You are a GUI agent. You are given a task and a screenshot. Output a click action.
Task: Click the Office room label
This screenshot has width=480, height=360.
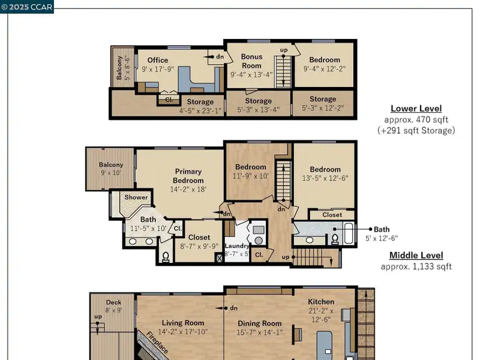(x=158, y=61)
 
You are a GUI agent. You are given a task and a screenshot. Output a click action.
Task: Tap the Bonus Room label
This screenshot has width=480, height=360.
(x=251, y=61)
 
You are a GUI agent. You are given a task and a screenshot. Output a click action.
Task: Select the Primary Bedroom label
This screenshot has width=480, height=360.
(x=188, y=176)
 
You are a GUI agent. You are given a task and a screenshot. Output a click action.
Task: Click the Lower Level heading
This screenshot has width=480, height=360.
(x=416, y=109)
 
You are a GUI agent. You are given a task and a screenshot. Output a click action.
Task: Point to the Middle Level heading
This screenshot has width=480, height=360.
(x=416, y=256)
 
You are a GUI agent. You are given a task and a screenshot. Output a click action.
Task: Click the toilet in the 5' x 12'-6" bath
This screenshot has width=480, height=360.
(x=335, y=239)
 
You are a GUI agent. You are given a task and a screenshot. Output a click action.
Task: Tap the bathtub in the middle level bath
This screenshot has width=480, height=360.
(x=349, y=233)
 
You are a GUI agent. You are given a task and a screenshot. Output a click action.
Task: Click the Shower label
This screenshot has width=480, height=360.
(x=136, y=197)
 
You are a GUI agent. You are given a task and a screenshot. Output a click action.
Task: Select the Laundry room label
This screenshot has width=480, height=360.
(x=236, y=246)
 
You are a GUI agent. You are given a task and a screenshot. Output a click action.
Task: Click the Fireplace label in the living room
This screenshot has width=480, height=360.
(x=157, y=342)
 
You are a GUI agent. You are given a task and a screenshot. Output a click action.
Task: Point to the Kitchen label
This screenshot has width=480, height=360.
(x=321, y=302)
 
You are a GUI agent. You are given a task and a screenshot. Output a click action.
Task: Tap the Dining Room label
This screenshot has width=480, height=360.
(x=260, y=323)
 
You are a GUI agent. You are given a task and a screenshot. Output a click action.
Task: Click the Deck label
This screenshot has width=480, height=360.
(x=113, y=302)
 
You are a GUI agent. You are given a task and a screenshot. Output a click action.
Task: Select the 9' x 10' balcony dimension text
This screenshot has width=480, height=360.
(x=111, y=173)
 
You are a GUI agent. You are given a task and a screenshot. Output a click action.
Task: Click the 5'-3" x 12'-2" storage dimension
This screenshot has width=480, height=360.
(x=323, y=108)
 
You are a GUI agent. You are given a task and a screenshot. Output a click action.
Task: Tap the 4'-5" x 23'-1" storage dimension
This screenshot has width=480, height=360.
(x=200, y=111)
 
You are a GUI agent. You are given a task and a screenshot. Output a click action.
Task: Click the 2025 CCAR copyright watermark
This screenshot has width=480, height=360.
(x=27, y=7)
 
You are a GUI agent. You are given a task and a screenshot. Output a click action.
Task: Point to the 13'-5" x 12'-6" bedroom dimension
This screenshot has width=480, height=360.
(x=325, y=178)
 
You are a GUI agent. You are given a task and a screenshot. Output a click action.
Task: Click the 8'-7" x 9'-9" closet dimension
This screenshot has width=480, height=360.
(x=199, y=247)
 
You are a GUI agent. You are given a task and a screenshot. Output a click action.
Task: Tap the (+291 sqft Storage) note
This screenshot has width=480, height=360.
(x=416, y=131)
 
